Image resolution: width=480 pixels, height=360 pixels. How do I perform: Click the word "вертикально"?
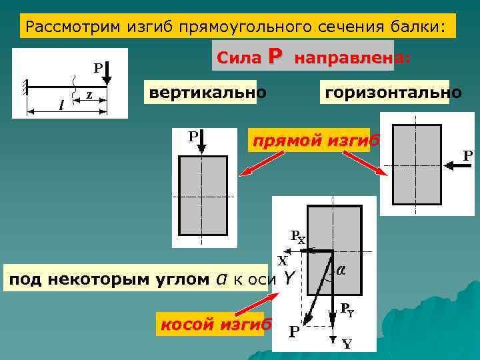coord(207,92)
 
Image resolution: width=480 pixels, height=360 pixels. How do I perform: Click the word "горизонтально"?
coord(391,92)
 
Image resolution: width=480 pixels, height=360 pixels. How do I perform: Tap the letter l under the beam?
coord(61,104)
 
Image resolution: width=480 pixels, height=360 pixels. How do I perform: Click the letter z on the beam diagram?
coord(89,95)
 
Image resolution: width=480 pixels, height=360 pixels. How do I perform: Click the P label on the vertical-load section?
coord(193,137)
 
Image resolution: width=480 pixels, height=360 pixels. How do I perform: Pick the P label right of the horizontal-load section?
coord(468,155)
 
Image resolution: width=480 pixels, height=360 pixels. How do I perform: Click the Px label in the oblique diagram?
coord(297,237)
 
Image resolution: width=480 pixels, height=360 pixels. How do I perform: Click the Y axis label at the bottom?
coord(347,344)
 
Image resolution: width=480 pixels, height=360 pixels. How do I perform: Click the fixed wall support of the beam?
coord(25,87)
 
